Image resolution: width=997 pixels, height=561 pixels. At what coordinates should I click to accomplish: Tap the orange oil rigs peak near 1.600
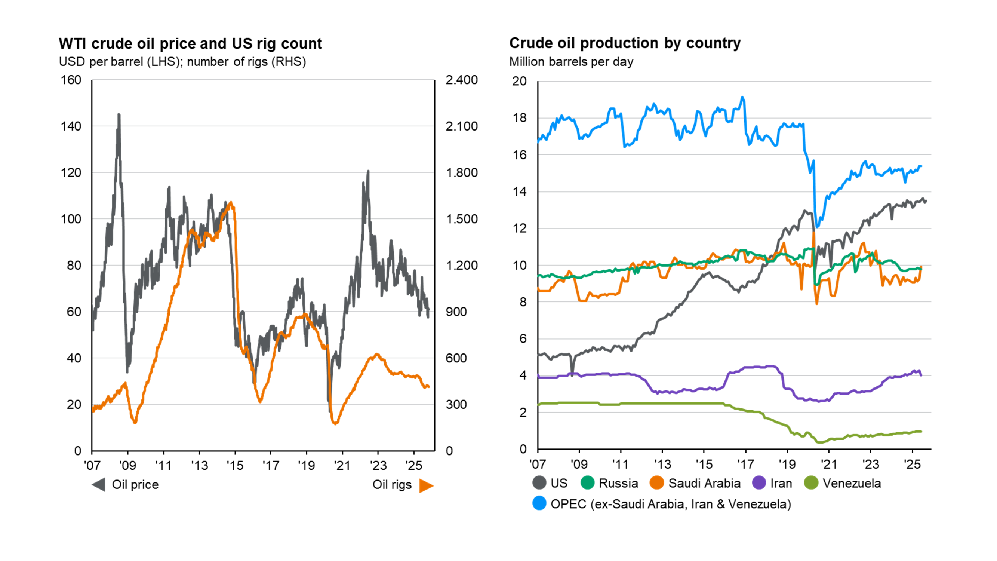point(231,202)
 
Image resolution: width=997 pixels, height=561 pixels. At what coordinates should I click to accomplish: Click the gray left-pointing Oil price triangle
point(99,485)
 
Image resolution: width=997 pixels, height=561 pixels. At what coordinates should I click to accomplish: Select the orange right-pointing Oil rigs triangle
point(426,485)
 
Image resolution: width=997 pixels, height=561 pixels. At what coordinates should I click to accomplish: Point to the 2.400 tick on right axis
point(461,80)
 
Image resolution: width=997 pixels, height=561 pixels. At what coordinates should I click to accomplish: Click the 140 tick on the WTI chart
point(71,126)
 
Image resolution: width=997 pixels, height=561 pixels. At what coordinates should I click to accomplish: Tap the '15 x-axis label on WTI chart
point(234,465)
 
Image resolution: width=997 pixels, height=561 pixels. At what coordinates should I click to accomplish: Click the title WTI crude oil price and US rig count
point(190,44)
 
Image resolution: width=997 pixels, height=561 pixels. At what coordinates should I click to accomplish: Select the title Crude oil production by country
point(624,43)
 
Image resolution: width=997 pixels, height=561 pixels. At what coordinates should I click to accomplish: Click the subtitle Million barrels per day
point(571,62)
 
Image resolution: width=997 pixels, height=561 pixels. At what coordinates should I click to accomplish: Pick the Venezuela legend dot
point(811,483)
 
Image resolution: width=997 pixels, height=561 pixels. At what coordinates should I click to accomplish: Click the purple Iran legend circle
point(758,483)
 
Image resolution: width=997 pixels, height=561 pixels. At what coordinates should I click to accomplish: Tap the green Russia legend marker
point(587,483)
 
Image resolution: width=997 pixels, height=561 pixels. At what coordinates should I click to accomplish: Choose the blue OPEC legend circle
point(539,503)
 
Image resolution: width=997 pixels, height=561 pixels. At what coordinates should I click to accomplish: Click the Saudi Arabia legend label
point(704,483)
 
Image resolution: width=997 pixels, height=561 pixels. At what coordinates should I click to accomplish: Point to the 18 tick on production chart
point(519,118)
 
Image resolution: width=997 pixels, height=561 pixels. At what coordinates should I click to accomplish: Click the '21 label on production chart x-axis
point(828,464)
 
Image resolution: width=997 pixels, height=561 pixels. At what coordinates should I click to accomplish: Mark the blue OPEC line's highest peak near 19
point(742,98)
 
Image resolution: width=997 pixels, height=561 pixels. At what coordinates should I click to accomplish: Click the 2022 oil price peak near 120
point(368,171)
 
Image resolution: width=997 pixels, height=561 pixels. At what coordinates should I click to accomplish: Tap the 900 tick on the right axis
point(456,312)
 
